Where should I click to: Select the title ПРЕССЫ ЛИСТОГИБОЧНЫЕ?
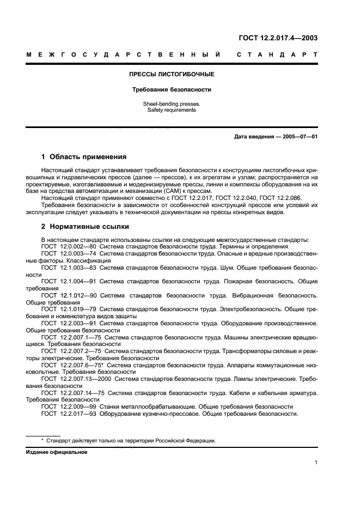(x=172, y=74)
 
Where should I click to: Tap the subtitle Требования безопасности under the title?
(x=172, y=89)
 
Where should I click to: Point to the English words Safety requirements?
(x=172, y=110)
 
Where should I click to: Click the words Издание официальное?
(x=57, y=452)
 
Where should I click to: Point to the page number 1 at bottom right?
(x=316, y=463)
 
